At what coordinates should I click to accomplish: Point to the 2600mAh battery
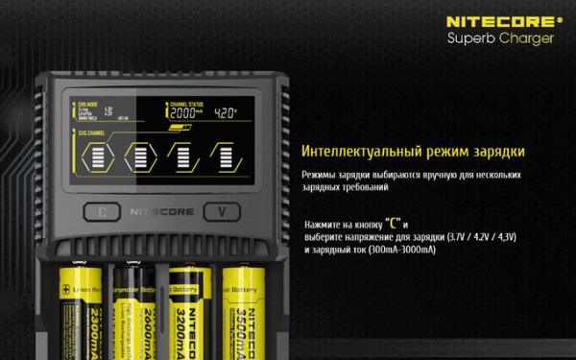click(132, 307)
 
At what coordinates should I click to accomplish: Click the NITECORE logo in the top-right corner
click(499, 19)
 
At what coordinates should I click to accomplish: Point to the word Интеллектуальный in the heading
click(359, 153)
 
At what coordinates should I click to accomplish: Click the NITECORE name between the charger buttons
click(161, 211)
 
